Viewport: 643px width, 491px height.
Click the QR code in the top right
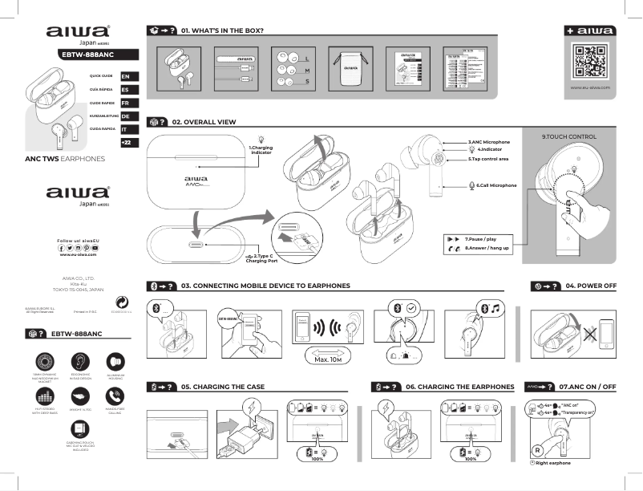(589, 62)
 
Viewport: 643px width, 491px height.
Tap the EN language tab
(126, 75)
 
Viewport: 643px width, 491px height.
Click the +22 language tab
(126, 143)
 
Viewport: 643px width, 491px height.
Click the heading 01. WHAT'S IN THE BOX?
(222, 30)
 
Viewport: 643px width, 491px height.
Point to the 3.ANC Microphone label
(488, 142)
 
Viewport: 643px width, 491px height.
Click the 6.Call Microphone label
(496, 185)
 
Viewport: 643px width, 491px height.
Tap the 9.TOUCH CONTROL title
(568, 137)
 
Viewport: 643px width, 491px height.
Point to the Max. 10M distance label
(330, 360)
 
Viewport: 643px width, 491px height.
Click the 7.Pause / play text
(480, 239)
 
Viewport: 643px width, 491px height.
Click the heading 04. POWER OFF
(590, 285)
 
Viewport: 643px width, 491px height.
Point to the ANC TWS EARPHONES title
(66, 159)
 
